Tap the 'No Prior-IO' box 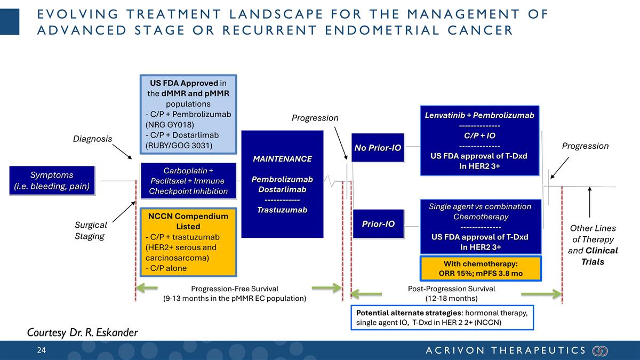click(378, 147)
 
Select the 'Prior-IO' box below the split click(378, 224)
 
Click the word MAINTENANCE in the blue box click(282, 159)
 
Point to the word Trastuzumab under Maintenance click(282, 210)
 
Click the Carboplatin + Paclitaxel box click(188, 181)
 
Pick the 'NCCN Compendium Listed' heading click(188, 221)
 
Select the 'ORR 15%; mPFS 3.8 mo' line click(480, 274)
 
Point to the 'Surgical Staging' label click(90, 230)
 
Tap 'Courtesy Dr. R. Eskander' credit click(82, 333)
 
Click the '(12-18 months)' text click(451, 299)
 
